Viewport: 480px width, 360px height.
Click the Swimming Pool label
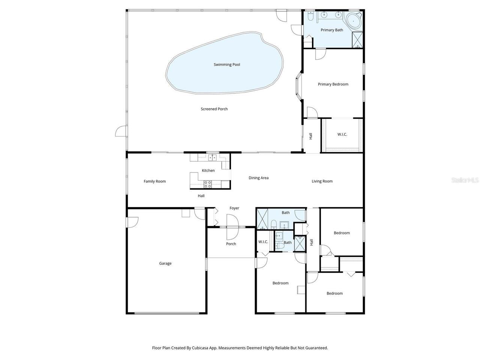tap(226, 64)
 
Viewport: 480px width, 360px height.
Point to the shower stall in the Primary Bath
tap(357, 40)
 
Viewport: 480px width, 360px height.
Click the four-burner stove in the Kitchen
tap(207, 184)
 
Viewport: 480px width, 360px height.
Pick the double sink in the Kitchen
tap(212, 157)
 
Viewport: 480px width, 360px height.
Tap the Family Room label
tap(154, 181)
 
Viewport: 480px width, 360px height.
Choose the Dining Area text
tap(258, 178)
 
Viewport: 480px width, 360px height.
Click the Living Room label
tap(322, 181)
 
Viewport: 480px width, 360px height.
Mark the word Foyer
tap(234, 208)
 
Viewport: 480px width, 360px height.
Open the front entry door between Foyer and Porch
tap(233, 227)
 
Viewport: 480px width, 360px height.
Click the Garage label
tap(165, 264)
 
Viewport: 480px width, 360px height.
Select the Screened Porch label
tap(214, 109)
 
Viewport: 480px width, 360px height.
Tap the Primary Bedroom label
tap(333, 84)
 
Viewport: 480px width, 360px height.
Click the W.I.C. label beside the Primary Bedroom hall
tap(342, 134)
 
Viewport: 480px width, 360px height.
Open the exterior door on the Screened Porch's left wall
tap(121, 132)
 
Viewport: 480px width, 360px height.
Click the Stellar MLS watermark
tap(465, 180)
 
